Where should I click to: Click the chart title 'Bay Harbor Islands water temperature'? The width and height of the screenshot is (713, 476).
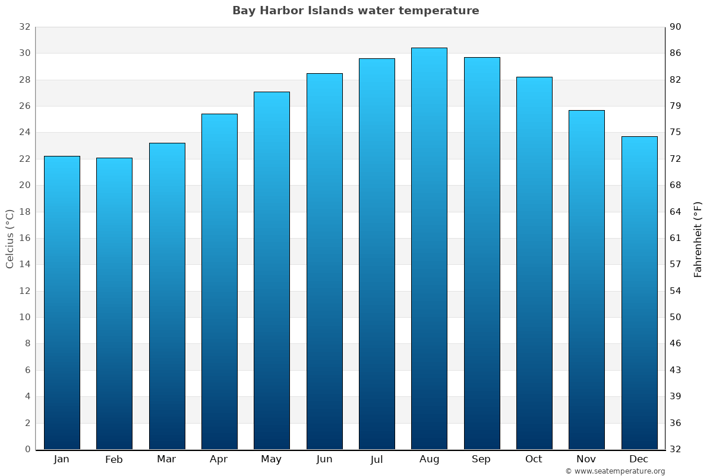click(x=355, y=11)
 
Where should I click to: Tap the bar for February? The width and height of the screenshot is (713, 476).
click(x=114, y=303)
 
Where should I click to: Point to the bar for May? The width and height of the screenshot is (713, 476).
click(x=272, y=271)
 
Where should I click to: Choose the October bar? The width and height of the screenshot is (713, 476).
click(x=534, y=263)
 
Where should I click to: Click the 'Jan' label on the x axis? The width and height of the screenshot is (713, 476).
click(x=61, y=459)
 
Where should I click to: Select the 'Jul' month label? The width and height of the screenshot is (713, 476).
click(x=377, y=459)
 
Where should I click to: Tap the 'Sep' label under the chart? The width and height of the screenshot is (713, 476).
click(x=481, y=459)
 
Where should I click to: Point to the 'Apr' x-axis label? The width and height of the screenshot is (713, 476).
click(x=219, y=459)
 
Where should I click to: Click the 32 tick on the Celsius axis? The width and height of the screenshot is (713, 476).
click(x=24, y=27)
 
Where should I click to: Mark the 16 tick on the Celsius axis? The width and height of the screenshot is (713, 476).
click(x=24, y=238)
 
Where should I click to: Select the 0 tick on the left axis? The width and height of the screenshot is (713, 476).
click(x=27, y=449)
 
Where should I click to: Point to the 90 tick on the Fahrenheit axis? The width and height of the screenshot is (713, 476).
click(x=676, y=27)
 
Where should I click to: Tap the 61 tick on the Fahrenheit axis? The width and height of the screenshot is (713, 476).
click(x=676, y=238)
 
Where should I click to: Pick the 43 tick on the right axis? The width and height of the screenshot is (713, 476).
click(x=676, y=370)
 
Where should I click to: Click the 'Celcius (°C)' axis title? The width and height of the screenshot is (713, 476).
click(x=10, y=239)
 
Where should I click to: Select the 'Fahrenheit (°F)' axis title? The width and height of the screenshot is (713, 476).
click(x=698, y=239)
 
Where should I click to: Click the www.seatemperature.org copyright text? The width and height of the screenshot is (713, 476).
click(x=615, y=471)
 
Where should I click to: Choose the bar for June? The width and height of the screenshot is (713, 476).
click(x=324, y=261)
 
